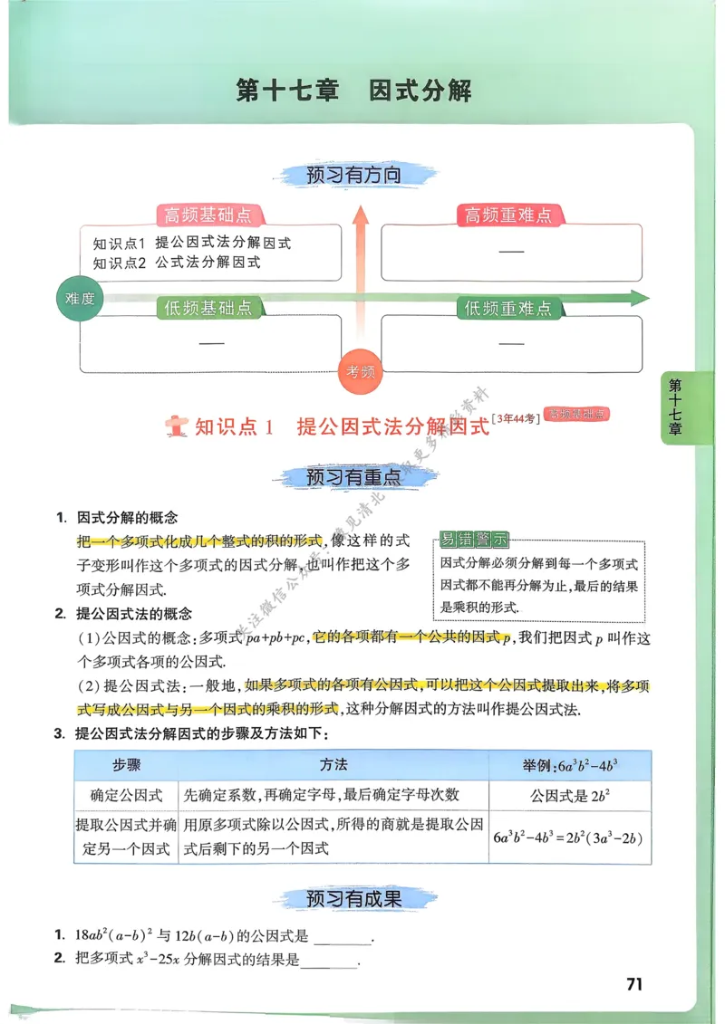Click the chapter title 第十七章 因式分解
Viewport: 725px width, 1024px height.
pos(353,91)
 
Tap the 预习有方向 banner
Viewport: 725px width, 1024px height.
pos(353,176)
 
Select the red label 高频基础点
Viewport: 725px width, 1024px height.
pos(208,215)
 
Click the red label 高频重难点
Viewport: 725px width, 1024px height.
pos(507,215)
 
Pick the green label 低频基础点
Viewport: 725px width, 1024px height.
pos(208,309)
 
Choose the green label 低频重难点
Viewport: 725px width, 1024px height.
pos(507,309)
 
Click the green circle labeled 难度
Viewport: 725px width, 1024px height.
pos(81,298)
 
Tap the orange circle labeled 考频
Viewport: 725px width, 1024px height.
pos(361,371)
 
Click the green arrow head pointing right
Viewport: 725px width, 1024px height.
pos(641,298)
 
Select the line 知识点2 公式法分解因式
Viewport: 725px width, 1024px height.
pos(177,263)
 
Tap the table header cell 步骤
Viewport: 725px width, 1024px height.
pos(126,765)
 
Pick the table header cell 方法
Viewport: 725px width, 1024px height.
pos(333,765)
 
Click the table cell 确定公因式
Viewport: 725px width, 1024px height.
pos(126,795)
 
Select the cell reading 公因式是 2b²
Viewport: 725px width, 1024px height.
pos(569,796)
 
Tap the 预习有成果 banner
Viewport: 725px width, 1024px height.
pos(353,898)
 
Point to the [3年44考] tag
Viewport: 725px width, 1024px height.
pos(517,417)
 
